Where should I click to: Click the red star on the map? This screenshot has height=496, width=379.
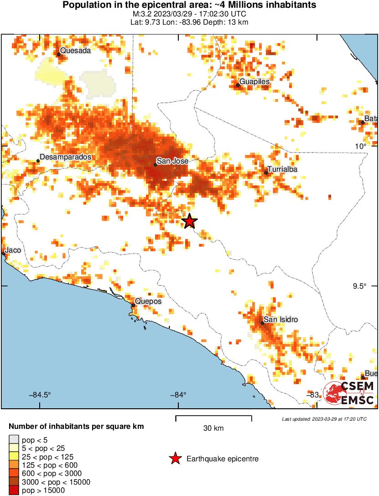(190, 222)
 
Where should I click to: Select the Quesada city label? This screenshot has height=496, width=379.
(75, 51)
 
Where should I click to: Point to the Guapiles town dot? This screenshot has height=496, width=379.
(238, 85)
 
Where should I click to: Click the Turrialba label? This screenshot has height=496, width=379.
(282, 169)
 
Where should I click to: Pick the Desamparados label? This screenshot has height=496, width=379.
(66, 157)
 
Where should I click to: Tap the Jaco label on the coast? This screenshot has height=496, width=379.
(13, 250)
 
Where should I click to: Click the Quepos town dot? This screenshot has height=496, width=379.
(133, 305)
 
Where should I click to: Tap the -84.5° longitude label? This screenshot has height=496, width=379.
(40, 395)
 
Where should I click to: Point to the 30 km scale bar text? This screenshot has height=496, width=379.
(213, 428)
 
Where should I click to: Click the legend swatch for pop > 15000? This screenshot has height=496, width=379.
(15, 490)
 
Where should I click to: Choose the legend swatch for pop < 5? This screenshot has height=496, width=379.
(15, 440)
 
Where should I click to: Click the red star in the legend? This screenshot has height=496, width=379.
(175, 459)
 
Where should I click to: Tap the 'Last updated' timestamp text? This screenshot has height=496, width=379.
(324, 419)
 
